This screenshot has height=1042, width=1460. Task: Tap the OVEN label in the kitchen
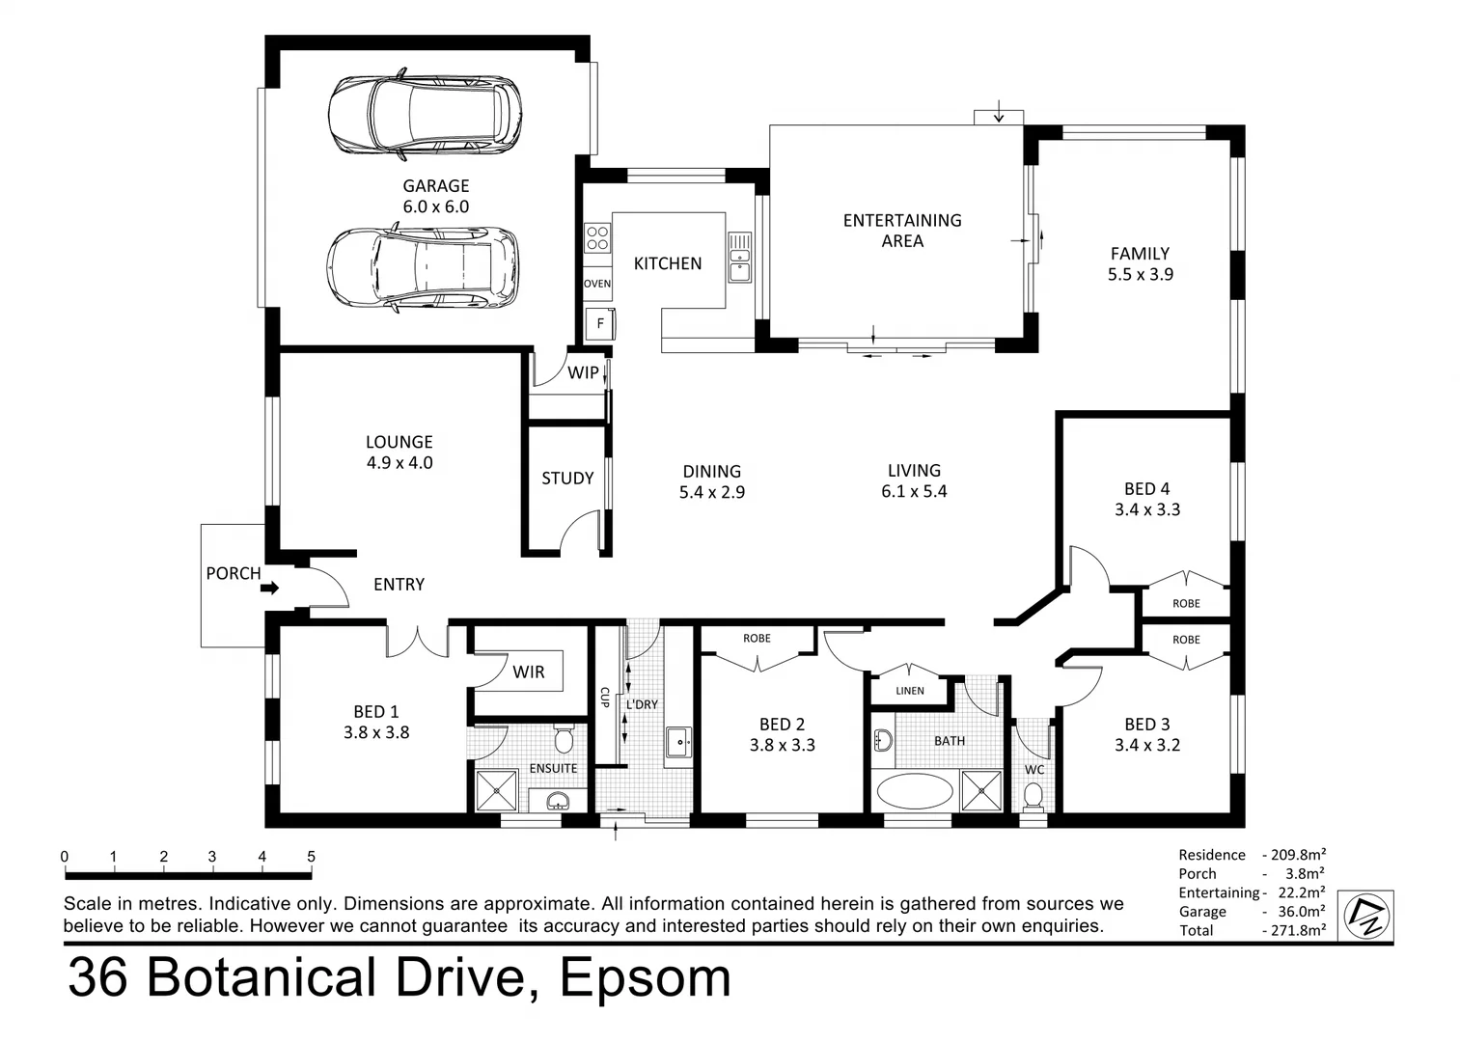click(597, 284)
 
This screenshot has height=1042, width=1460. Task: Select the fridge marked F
click(600, 323)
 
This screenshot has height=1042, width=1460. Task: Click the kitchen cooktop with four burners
click(597, 237)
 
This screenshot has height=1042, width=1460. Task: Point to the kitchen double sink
click(740, 257)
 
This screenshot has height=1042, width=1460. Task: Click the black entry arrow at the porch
click(270, 588)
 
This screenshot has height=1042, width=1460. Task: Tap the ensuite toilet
click(565, 740)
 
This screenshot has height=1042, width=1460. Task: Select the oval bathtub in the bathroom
click(914, 792)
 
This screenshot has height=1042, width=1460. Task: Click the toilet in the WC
click(1033, 797)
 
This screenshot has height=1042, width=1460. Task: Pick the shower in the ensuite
click(497, 790)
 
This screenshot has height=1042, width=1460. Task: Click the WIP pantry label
click(583, 372)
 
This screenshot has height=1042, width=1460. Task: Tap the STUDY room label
click(567, 479)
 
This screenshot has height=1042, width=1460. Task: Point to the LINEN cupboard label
click(909, 691)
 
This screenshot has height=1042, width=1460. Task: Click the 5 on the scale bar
click(311, 857)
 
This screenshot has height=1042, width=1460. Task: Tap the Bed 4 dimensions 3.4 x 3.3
click(1146, 509)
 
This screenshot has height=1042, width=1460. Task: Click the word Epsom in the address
click(646, 978)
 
